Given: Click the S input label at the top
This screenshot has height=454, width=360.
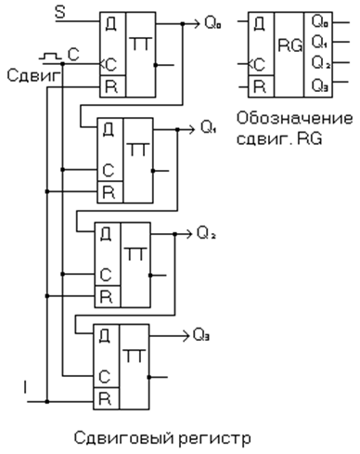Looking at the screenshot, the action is (x=60, y=13).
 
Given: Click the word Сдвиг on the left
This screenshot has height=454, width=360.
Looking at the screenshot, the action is (x=33, y=75).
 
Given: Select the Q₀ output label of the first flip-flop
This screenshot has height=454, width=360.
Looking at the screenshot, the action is (x=212, y=23).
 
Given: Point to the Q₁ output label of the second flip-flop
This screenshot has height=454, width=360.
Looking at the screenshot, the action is (x=209, y=127).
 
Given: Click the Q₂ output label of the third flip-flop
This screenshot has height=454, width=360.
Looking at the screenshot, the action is (x=206, y=233).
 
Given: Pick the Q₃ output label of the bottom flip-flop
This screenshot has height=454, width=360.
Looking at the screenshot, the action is (x=201, y=335).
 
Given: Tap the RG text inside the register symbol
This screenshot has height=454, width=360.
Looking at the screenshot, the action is (x=290, y=45).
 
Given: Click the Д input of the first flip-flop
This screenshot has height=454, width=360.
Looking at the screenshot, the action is (x=111, y=24).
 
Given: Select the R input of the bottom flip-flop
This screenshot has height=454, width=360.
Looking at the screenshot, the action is (x=105, y=398).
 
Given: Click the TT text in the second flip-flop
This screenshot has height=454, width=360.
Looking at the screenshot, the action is (x=138, y=149).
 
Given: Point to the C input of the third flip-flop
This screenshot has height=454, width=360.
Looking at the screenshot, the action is (x=106, y=275).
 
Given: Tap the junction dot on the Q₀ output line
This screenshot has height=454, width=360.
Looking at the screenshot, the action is (x=183, y=23).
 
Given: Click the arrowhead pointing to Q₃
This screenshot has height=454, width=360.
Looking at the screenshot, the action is (x=186, y=335).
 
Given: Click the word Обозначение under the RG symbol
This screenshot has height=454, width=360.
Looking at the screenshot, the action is (x=294, y=118).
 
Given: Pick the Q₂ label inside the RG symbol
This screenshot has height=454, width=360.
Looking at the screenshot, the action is (x=321, y=62).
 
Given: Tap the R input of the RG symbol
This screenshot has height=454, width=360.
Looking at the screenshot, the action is (x=260, y=86).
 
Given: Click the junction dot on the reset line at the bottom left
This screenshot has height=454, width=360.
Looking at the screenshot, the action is (x=47, y=402).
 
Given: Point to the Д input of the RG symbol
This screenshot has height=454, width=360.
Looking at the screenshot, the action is (x=260, y=24).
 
